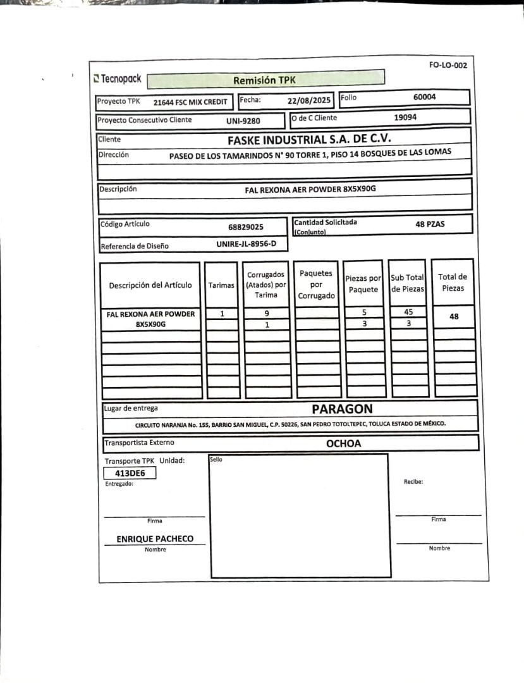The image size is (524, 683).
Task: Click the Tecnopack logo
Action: (118, 79)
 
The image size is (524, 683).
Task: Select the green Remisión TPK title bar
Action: (265, 80)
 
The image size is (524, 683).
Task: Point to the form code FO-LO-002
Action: (448, 65)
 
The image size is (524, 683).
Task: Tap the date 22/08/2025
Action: (309, 100)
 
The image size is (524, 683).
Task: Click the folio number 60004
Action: (424, 97)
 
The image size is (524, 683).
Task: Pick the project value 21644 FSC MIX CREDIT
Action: (190, 101)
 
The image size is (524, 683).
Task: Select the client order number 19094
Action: (405, 117)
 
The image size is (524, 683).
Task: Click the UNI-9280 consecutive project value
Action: (243, 120)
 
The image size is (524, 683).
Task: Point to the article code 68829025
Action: (246, 226)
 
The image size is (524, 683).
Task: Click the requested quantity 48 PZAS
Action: (430, 223)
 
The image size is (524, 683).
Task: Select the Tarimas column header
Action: (221, 285)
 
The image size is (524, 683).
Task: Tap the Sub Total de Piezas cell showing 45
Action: (408, 312)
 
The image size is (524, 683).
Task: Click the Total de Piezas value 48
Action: (453, 317)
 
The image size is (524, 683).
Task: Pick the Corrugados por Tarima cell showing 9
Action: (267, 313)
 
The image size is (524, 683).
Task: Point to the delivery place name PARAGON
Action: (342, 409)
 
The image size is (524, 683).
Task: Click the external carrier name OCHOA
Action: (343, 443)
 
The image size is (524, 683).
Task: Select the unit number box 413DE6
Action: (130, 472)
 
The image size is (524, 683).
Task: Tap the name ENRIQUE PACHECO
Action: (155, 539)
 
